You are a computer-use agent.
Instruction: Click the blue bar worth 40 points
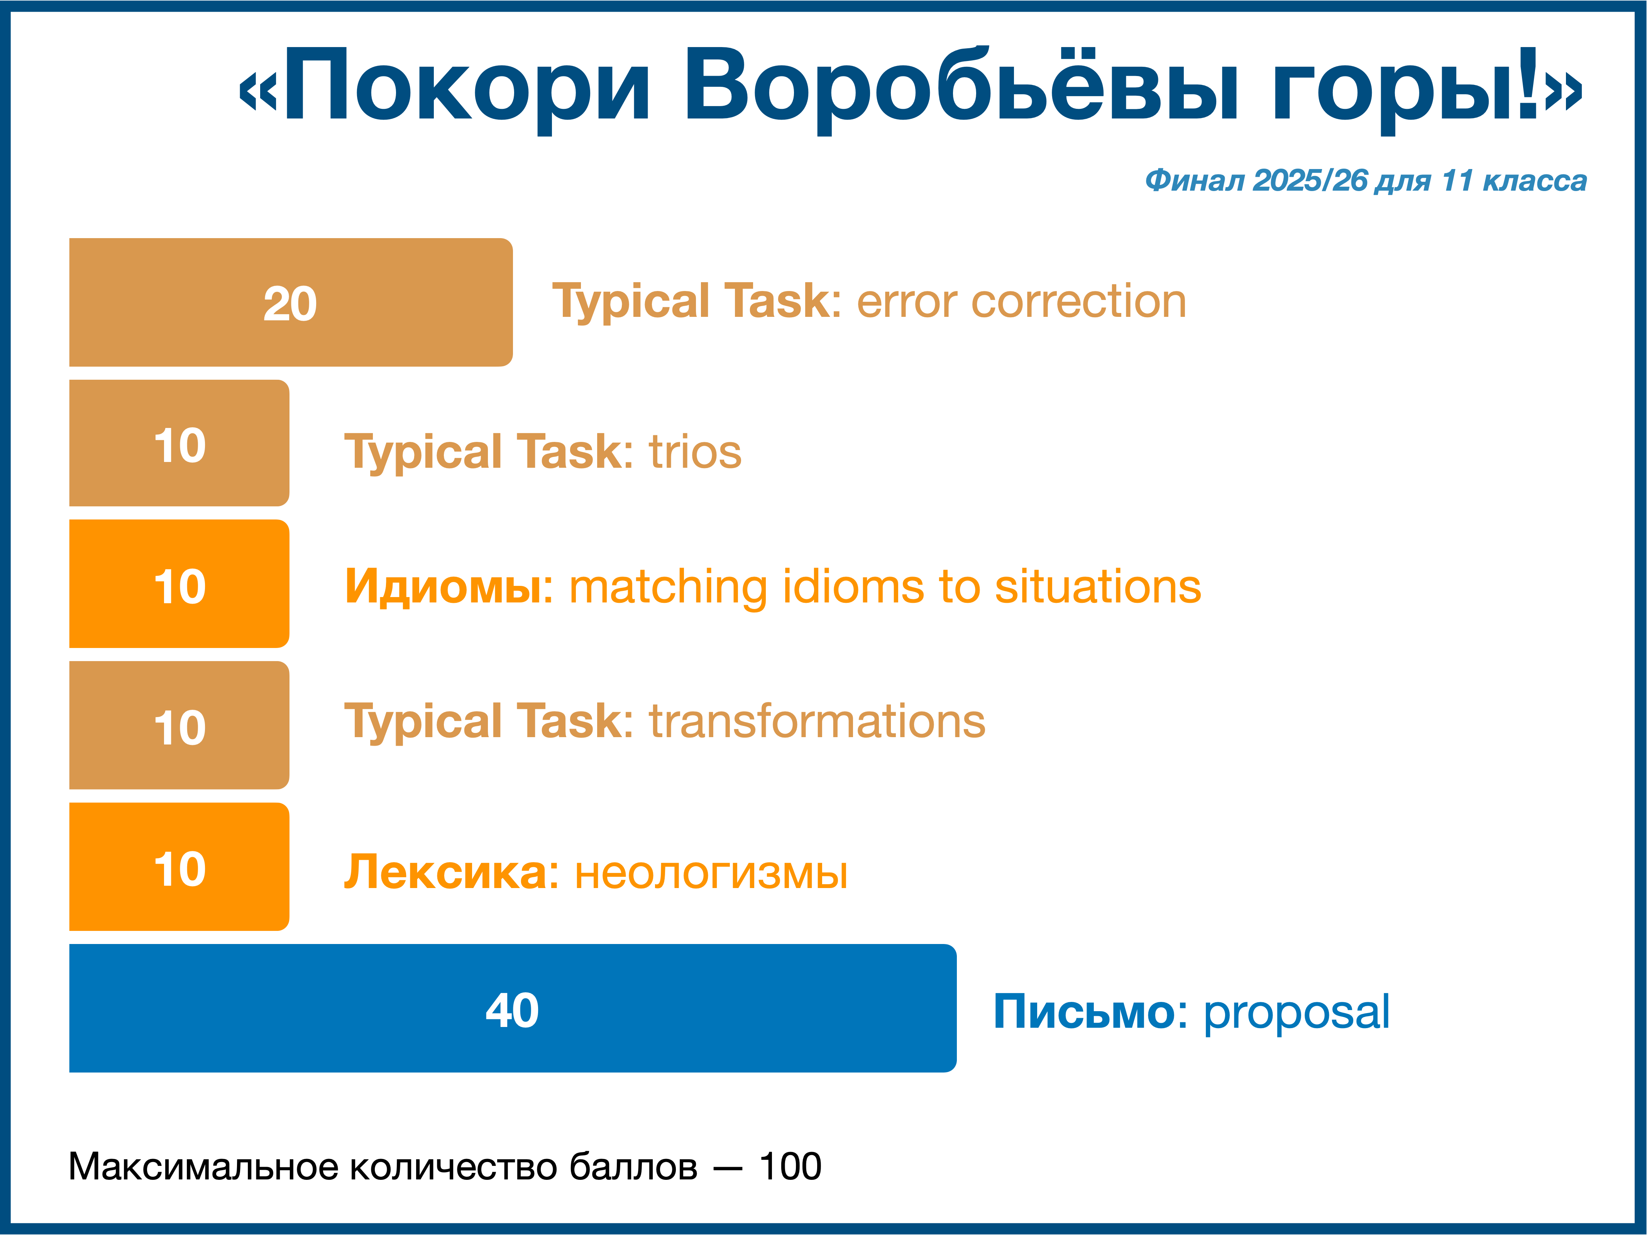click(x=512, y=1008)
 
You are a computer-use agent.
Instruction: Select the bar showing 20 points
click(x=290, y=302)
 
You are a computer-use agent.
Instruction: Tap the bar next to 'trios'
click(x=179, y=443)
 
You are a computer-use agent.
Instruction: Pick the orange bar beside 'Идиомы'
click(x=179, y=584)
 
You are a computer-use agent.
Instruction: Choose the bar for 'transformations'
click(x=179, y=725)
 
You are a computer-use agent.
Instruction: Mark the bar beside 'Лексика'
click(x=179, y=866)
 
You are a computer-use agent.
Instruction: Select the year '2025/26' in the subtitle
click(x=1310, y=180)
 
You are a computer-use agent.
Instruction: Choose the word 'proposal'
click(x=1296, y=1014)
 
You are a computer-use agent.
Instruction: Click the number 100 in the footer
click(x=790, y=1167)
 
